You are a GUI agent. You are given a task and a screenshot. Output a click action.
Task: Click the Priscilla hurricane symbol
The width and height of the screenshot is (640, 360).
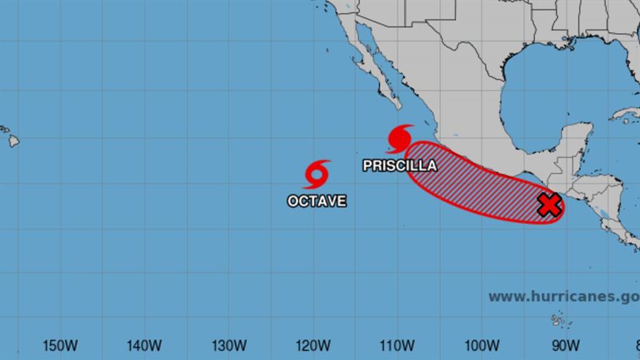point(400,136)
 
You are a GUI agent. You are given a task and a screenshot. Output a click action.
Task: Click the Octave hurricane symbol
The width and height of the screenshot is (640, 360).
point(316,174)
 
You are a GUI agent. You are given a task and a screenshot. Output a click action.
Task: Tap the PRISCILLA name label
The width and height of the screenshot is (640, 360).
point(399,166)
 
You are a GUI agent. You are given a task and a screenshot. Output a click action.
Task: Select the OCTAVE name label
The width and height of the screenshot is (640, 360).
point(316,201)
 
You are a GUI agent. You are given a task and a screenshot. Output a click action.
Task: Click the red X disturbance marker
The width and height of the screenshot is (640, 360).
point(548,205)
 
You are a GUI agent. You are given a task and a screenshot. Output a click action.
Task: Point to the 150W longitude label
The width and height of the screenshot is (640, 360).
point(60,346)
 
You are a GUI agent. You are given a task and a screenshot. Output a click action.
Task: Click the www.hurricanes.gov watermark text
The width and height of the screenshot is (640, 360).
point(563,296)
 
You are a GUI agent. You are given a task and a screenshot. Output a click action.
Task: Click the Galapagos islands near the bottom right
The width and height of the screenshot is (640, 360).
point(557,321)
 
